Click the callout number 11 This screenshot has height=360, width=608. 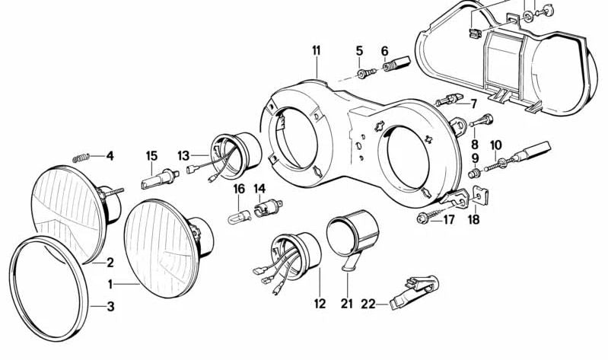coord(317,50)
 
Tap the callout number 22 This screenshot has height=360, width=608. coord(368,304)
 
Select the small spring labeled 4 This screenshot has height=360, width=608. coord(81,158)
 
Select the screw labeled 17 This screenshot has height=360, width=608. coord(430,215)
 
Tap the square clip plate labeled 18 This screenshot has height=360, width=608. coord(481,196)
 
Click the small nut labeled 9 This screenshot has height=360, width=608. coord(473,173)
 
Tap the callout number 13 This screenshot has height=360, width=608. coord(183,156)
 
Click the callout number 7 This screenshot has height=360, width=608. coord(473,104)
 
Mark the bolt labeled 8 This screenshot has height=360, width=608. coord(481,119)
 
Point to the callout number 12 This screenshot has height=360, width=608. coord(320,304)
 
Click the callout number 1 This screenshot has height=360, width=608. coord(110,285)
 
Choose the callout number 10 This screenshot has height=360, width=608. coord(496,145)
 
